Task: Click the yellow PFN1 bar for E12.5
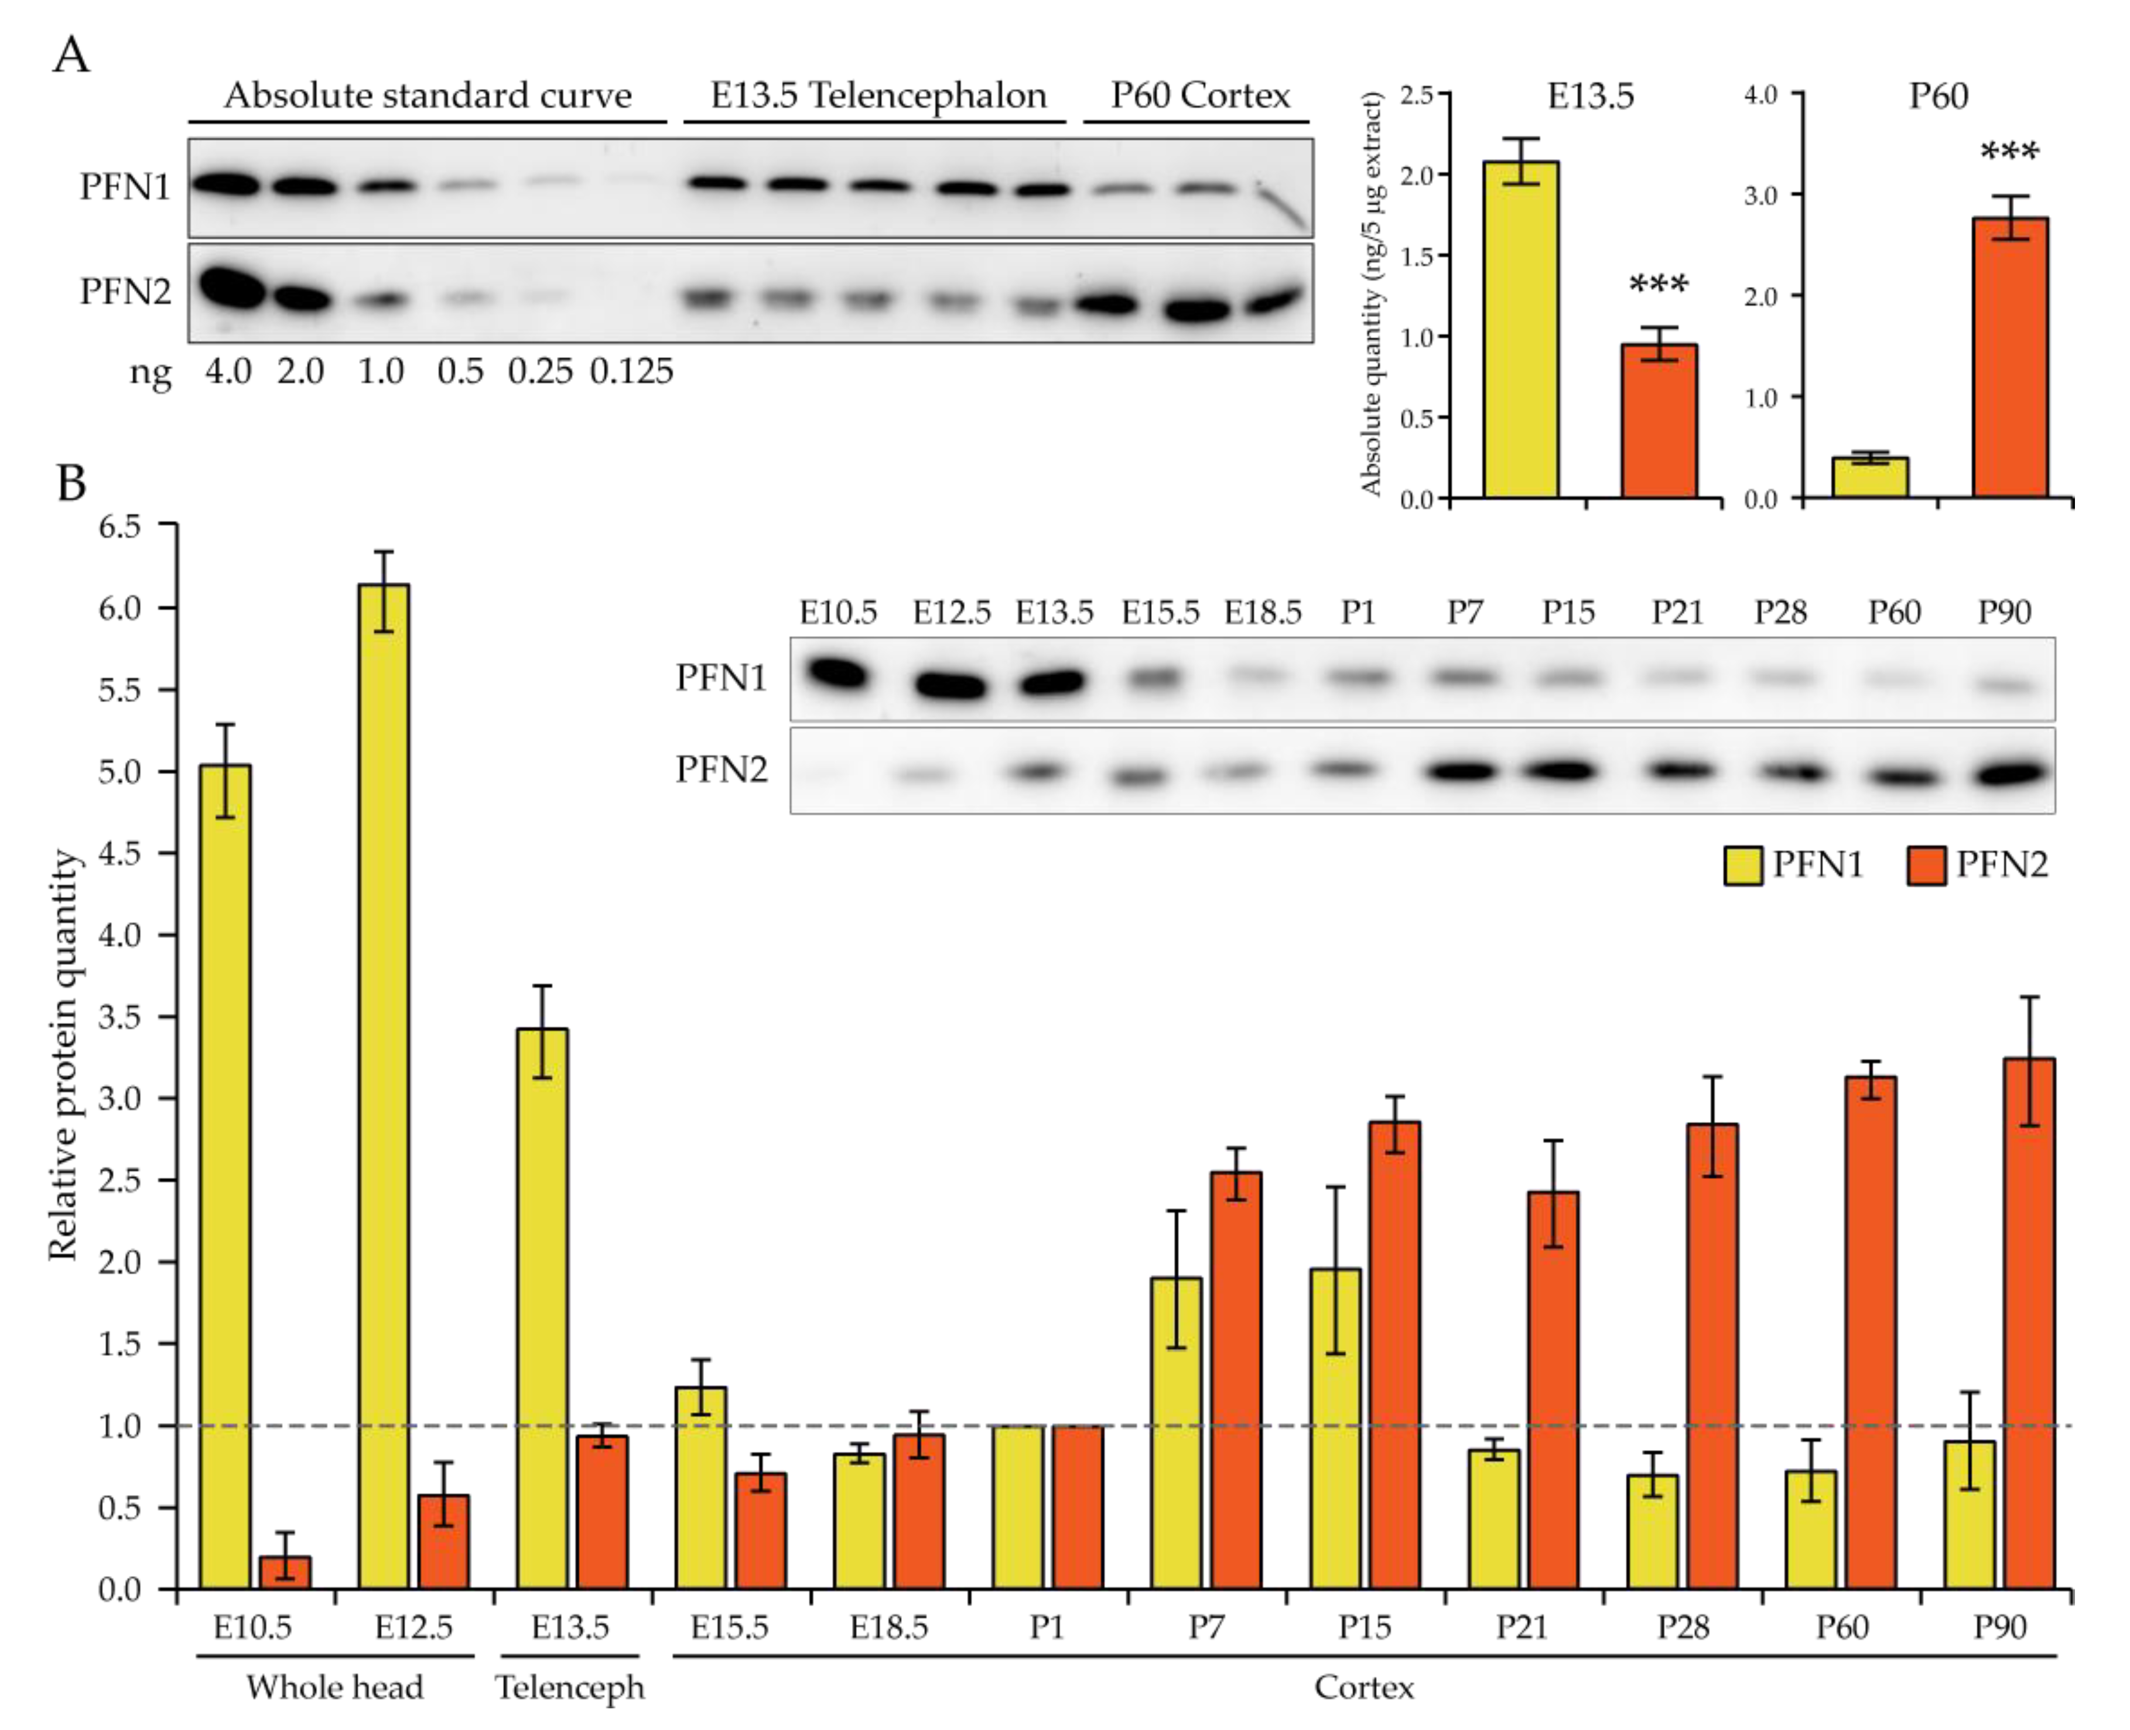click(x=384, y=1086)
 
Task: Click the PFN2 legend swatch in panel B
click(x=1926, y=865)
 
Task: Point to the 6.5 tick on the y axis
click(x=119, y=525)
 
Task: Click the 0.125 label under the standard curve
click(x=632, y=372)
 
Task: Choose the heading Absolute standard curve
click(x=428, y=95)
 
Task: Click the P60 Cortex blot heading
click(x=1200, y=95)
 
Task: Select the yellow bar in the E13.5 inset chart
click(x=1521, y=329)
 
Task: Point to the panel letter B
click(x=72, y=483)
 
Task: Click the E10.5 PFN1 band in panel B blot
click(x=837, y=675)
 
